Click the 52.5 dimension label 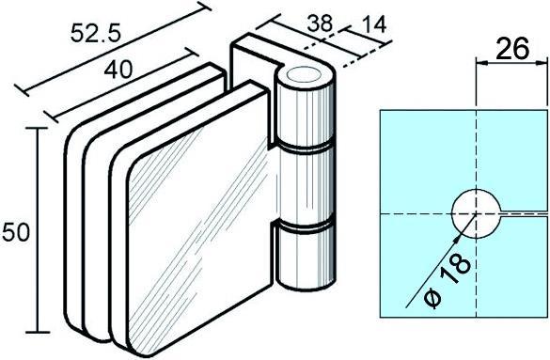tap(96, 33)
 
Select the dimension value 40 tap(118, 69)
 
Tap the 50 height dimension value tap(16, 232)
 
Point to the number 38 tap(320, 23)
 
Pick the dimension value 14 tap(373, 24)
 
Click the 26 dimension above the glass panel tap(512, 48)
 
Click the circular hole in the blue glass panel tap(476, 213)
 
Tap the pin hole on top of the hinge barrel tap(304, 75)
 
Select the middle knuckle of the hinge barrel tap(305, 186)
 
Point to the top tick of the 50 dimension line tap(37, 128)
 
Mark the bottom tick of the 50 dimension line tap(38, 332)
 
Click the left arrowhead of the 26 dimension tap(481, 62)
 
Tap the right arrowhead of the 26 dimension tap(542, 62)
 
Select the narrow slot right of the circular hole tap(524, 213)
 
